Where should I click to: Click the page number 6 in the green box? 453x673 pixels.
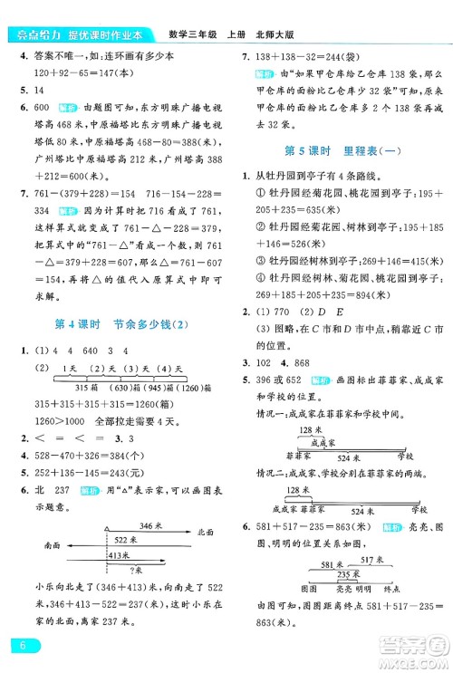[17, 644]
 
